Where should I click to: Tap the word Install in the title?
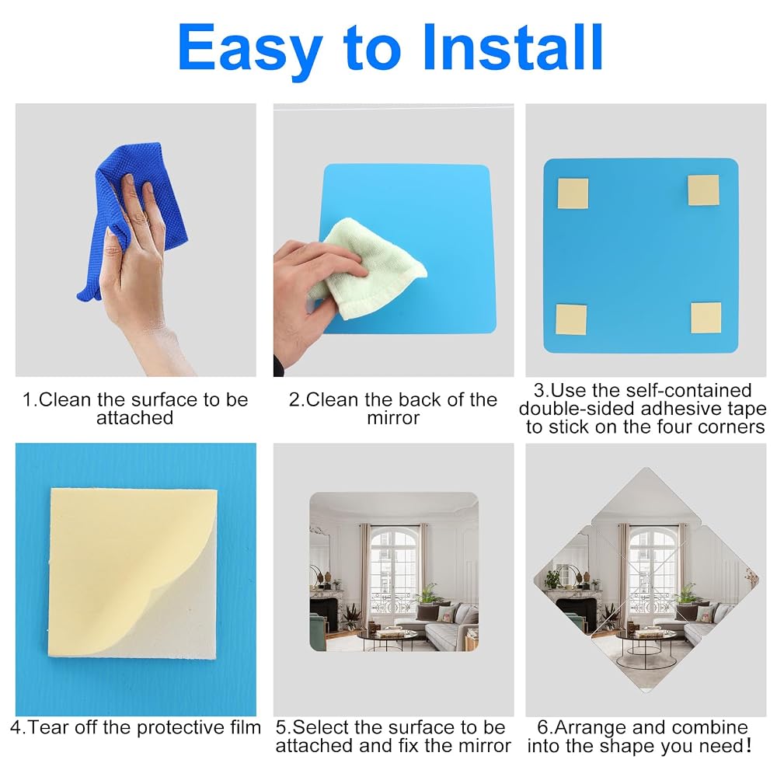[x=512, y=47]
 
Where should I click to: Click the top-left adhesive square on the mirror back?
[x=573, y=193]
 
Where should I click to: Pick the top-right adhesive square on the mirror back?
[x=703, y=190]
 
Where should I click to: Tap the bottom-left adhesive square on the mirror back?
[x=571, y=319]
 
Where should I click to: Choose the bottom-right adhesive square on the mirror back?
[x=706, y=318]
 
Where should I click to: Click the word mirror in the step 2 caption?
[x=393, y=418]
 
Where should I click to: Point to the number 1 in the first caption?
[x=28, y=400]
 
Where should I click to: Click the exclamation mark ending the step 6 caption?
[x=748, y=746]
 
